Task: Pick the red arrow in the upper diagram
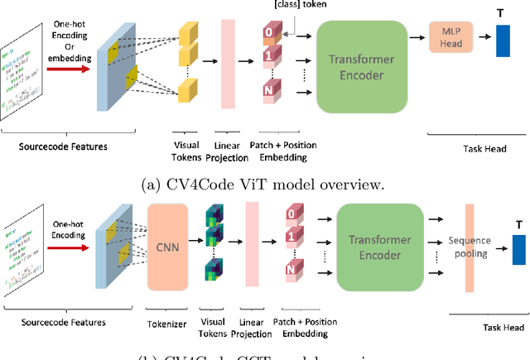[x=70, y=70]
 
